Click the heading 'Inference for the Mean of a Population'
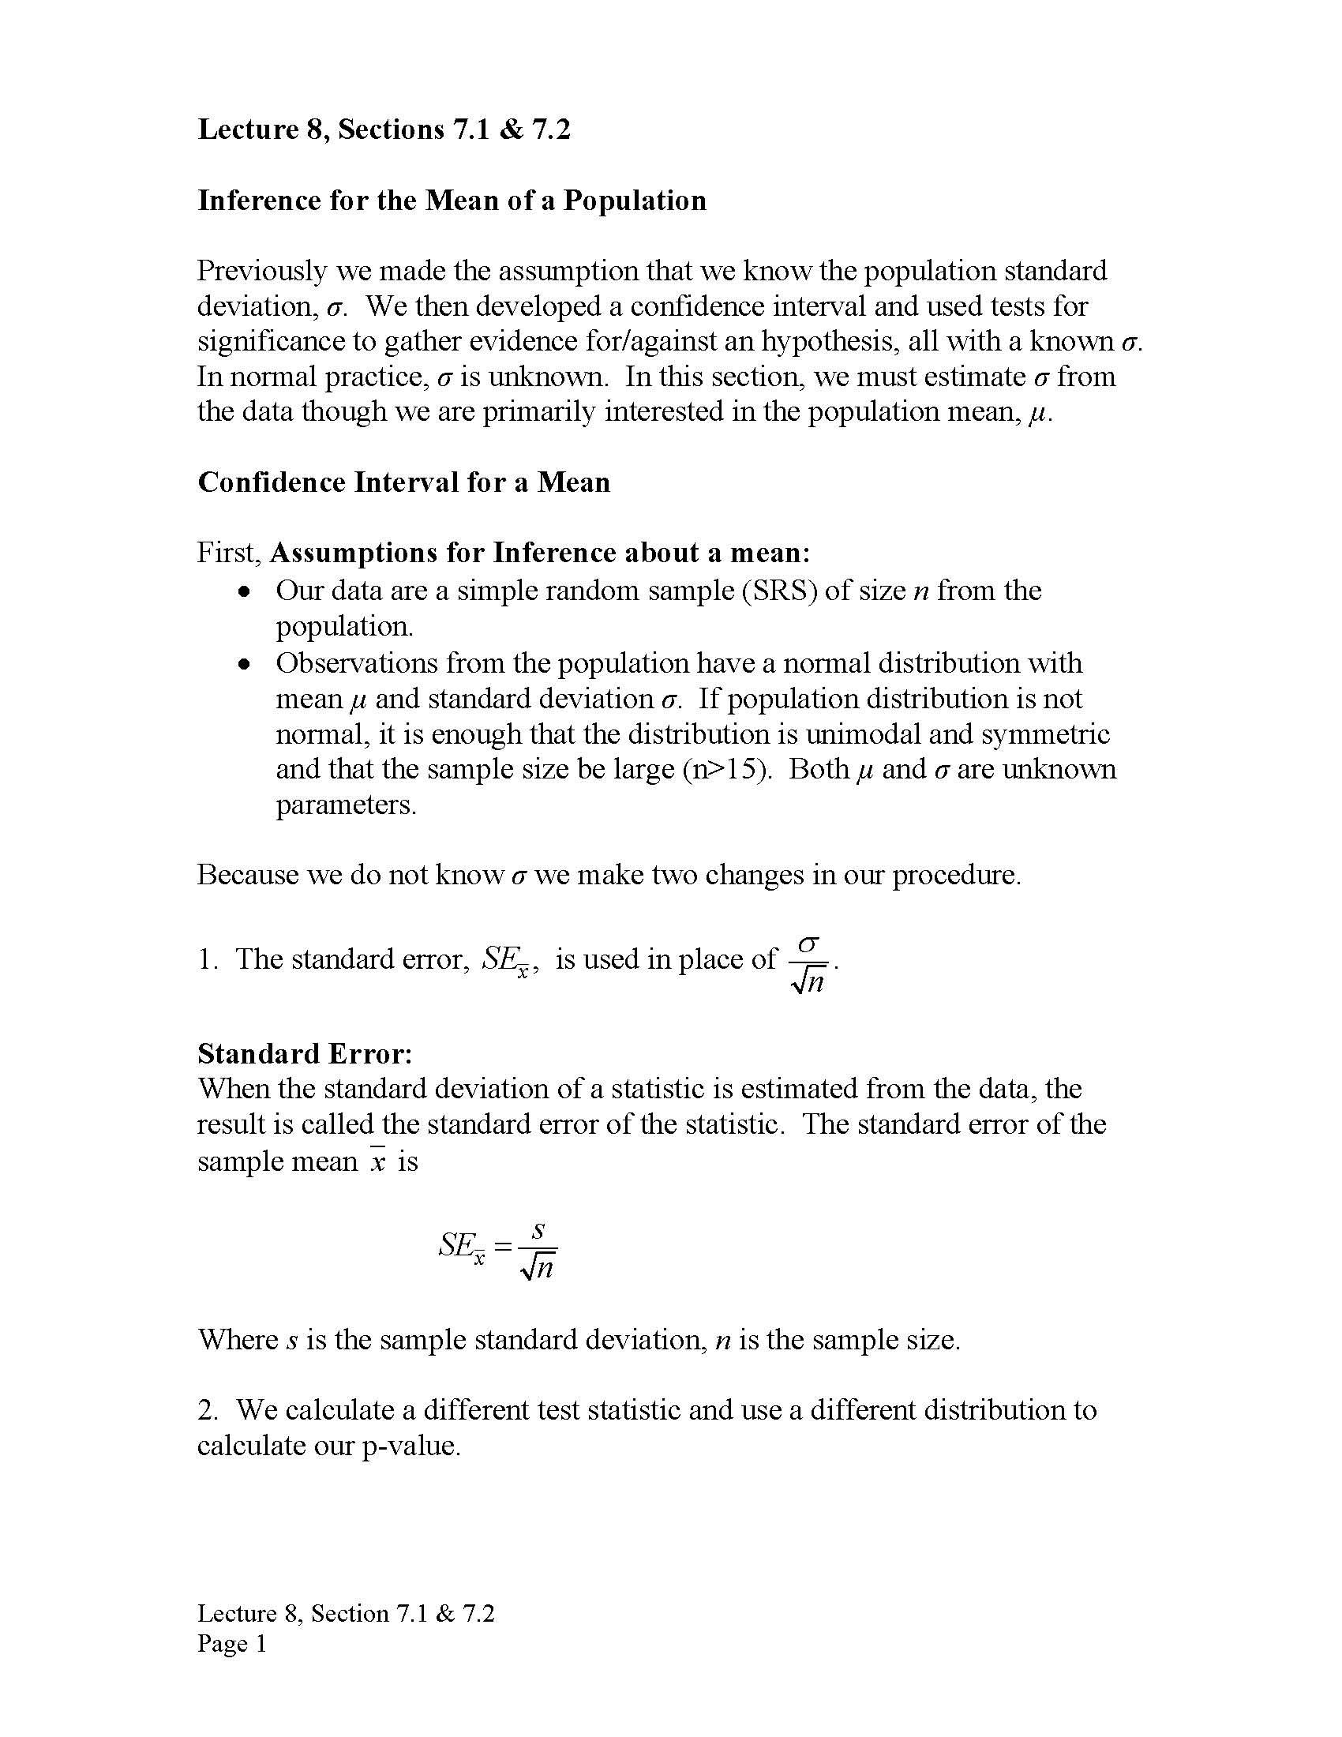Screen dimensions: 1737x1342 tap(452, 201)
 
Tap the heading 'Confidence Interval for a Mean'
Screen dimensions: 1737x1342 tap(404, 482)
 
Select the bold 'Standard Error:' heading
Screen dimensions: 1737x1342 tap(306, 1054)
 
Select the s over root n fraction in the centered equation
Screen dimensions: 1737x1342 tap(538, 1250)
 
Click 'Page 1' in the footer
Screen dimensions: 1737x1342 tap(232, 1644)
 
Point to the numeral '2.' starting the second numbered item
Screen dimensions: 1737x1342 tap(208, 1410)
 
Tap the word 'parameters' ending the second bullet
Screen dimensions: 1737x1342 tap(345, 805)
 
